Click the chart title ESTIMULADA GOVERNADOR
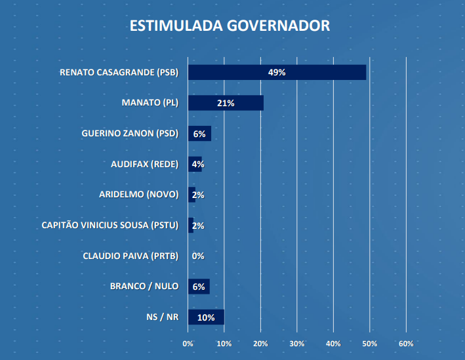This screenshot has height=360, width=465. click(230, 26)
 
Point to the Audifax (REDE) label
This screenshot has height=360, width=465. click(144, 164)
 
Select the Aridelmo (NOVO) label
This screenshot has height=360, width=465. click(138, 195)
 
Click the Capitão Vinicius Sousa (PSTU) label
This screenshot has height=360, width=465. click(110, 226)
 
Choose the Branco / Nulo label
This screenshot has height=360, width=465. click(145, 287)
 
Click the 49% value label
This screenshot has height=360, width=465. click(277, 72)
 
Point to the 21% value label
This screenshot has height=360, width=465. click(226, 103)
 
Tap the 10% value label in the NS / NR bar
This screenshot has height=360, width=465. click(206, 317)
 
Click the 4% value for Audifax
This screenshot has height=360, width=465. click(198, 164)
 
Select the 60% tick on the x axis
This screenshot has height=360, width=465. click(406, 344)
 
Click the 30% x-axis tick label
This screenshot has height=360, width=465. click(297, 344)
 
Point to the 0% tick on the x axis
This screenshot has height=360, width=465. click(188, 344)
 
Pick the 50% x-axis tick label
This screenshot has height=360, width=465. click(370, 344)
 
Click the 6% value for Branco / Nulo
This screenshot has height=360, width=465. click(199, 287)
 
